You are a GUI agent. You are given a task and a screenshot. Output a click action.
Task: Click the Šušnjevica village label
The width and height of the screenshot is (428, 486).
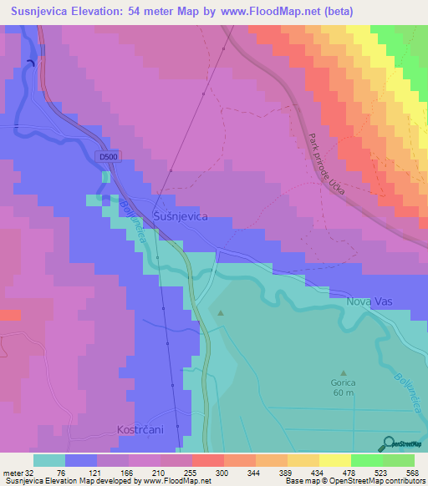point(181,216)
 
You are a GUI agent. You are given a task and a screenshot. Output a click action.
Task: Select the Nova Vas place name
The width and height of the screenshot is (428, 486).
point(369,301)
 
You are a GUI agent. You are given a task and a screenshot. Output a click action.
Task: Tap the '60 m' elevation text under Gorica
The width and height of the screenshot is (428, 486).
point(343,392)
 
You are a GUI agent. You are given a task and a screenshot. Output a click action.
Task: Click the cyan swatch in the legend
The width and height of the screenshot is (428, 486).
point(49,460)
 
